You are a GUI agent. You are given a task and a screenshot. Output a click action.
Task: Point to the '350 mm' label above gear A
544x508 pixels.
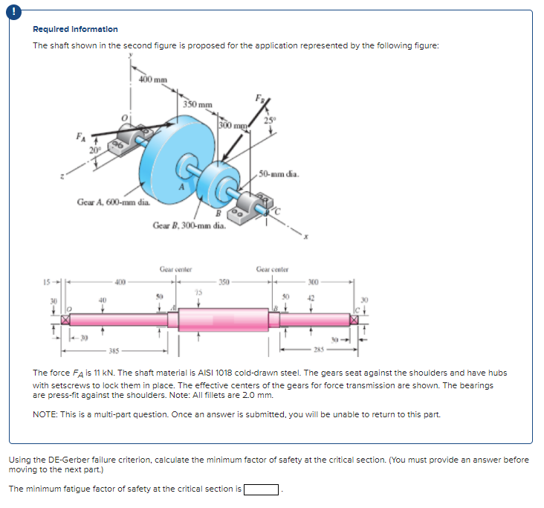pos(198,105)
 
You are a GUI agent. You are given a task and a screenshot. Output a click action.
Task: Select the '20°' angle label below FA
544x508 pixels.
pos(95,150)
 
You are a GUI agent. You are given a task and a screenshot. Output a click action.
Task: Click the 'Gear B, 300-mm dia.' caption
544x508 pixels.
pos(188,224)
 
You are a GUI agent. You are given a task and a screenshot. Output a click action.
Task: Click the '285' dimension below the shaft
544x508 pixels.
pos(317,349)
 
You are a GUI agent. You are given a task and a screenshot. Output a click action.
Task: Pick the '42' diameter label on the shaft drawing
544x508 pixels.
pos(311,298)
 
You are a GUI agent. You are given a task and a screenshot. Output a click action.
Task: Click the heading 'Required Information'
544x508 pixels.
pos(75,29)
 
